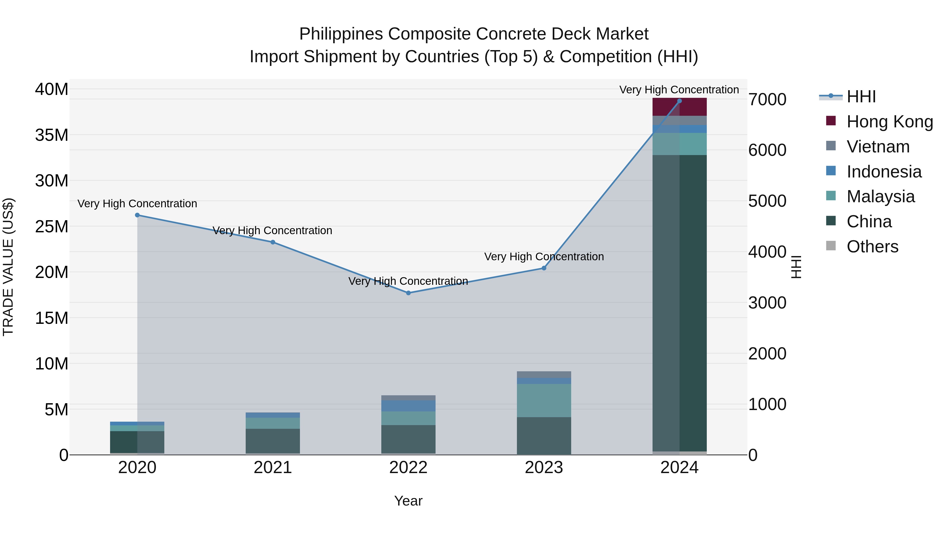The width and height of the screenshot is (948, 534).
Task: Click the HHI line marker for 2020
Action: [x=137, y=215]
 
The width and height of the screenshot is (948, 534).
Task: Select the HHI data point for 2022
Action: [x=408, y=293]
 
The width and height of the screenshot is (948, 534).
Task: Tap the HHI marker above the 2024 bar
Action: [x=679, y=101]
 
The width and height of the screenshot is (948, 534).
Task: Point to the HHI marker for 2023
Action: [x=544, y=268]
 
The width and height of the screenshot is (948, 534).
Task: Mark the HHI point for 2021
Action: [x=273, y=242]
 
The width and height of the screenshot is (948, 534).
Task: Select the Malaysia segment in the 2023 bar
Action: [x=544, y=401]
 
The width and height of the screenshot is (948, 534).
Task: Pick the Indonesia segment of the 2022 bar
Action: [x=408, y=406]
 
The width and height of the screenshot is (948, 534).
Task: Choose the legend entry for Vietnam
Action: [x=878, y=147]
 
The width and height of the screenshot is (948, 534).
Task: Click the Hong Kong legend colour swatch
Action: [x=831, y=121]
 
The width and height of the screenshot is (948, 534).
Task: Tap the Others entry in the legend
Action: [x=872, y=247]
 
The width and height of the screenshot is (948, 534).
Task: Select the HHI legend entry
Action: [x=861, y=97]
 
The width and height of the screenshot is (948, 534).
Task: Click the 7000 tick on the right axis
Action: [x=768, y=99]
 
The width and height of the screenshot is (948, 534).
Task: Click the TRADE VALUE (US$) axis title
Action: [x=8, y=267]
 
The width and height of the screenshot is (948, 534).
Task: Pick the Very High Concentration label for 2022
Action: [x=408, y=281]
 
